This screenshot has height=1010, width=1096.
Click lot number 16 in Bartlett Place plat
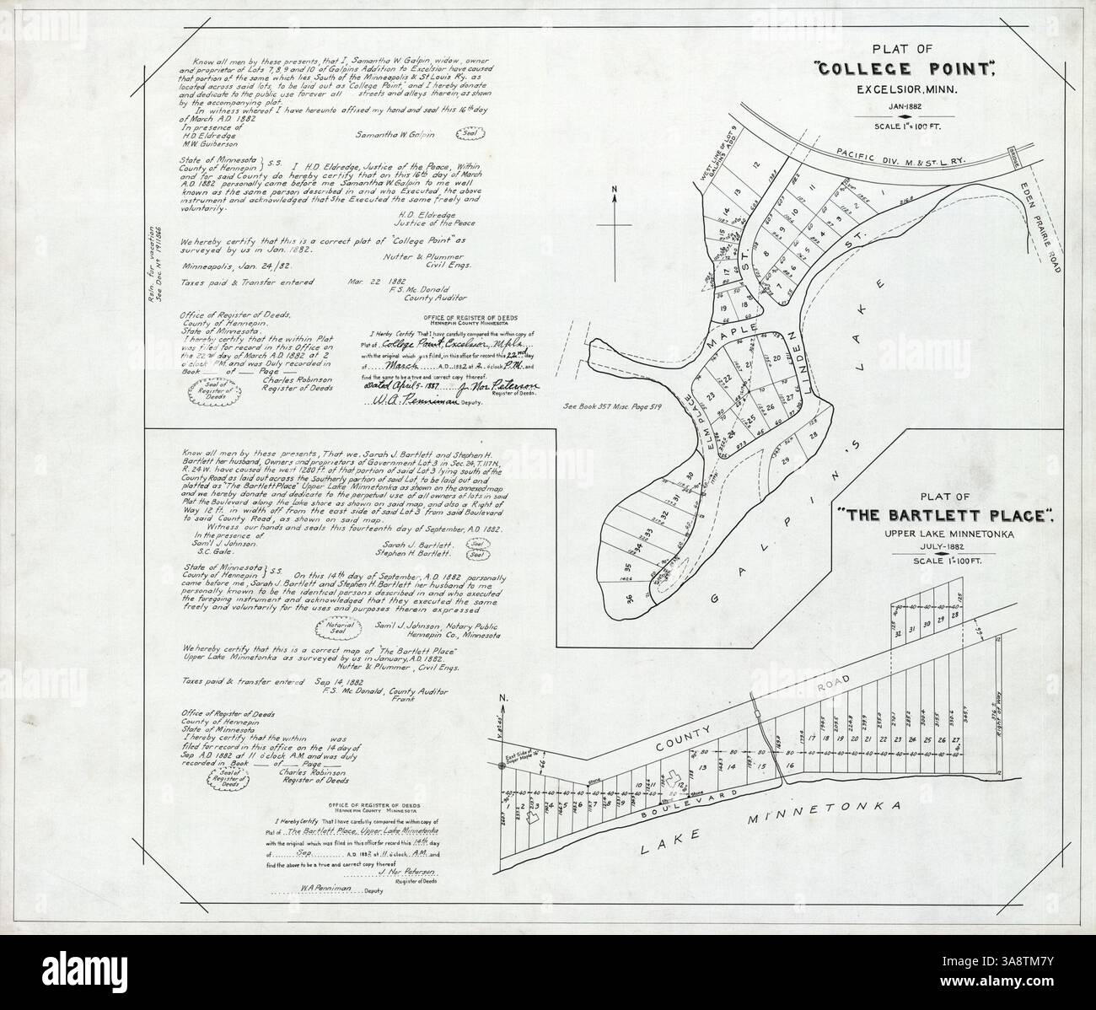789,765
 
